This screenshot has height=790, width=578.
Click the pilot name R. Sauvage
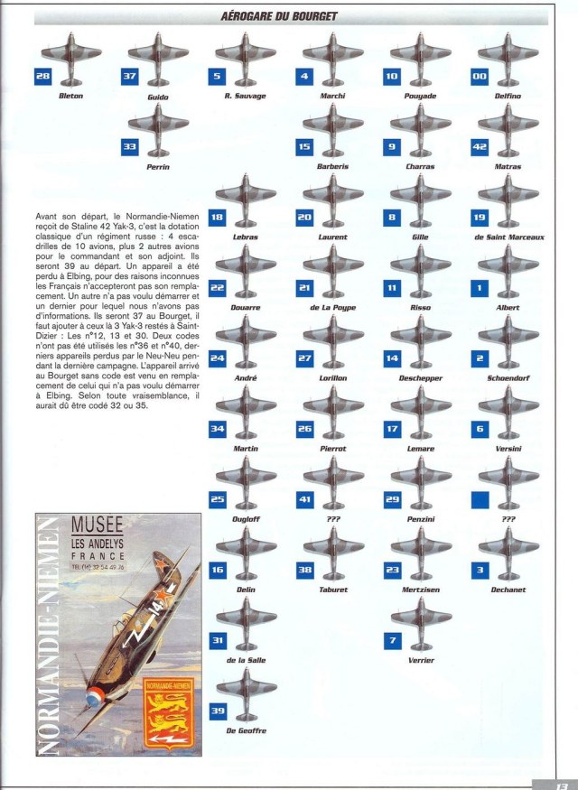point(245,95)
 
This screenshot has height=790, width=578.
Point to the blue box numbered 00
point(479,77)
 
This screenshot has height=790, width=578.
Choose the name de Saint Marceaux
point(508,237)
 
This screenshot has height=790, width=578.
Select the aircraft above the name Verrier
point(421,621)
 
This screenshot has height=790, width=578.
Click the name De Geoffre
point(245,730)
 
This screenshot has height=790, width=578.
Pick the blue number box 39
point(217,711)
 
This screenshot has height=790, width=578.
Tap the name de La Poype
point(332,308)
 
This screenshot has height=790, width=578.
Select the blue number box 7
point(392,640)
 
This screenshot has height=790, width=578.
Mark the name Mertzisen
point(421,590)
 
